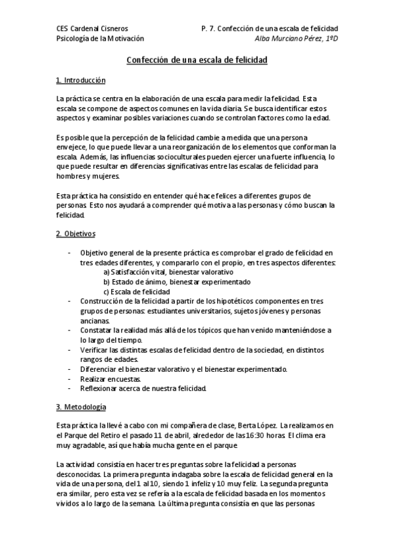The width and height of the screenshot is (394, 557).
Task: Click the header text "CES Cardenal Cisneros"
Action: pos(93,29)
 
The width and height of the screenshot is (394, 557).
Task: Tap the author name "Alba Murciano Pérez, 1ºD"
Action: pos(295,39)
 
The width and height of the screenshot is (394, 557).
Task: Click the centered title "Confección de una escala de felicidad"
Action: pos(197,60)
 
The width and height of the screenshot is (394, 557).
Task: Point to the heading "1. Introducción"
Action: pos(81,81)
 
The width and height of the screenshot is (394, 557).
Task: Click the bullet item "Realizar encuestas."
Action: pos(105,379)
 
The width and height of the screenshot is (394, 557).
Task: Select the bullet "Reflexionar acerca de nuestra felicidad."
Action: pos(143,389)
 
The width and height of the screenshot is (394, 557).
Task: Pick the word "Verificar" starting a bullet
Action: pos(95,350)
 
